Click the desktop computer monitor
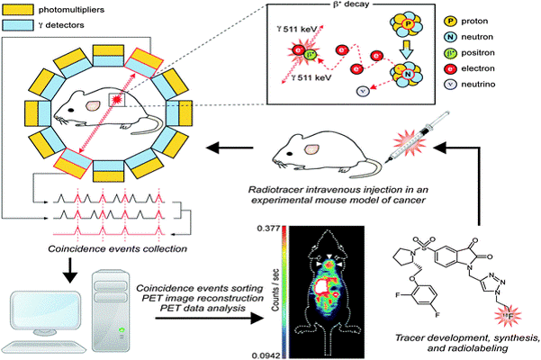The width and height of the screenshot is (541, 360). pos(45,316)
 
